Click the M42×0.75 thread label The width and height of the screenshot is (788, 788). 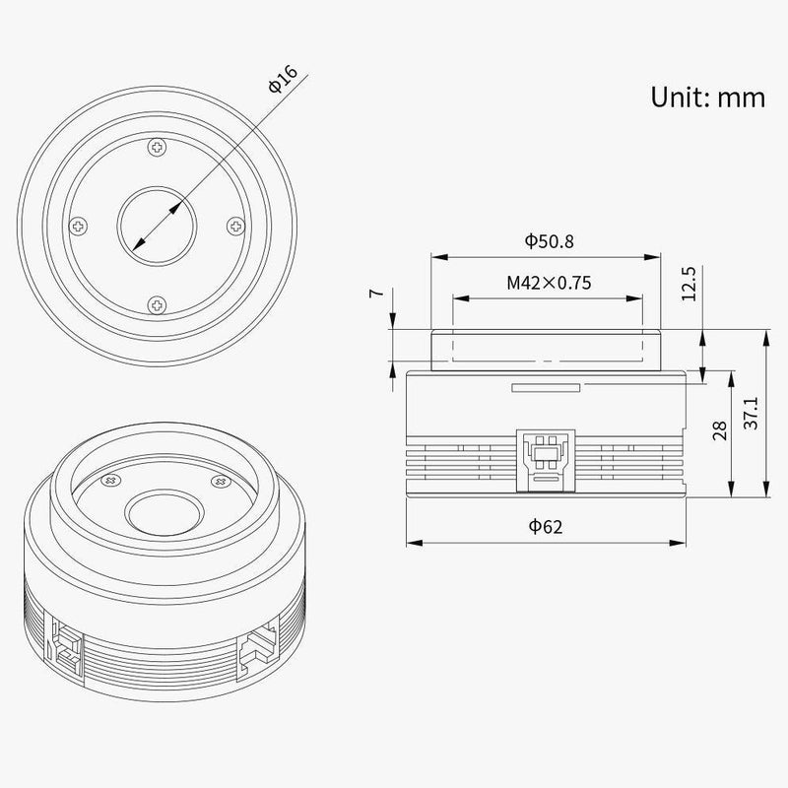(549, 284)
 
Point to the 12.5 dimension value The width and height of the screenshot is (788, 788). (689, 283)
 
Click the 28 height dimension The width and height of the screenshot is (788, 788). (720, 429)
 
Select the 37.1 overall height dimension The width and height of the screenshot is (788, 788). (751, 415)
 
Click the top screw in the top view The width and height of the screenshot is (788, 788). (156, 148)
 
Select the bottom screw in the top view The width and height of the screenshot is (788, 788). (156, 304)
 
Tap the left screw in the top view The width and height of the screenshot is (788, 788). (78, 227)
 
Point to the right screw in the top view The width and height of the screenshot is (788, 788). (234, 227)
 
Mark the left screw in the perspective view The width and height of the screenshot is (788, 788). (109, 480)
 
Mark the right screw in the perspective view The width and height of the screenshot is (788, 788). (220, 480)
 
